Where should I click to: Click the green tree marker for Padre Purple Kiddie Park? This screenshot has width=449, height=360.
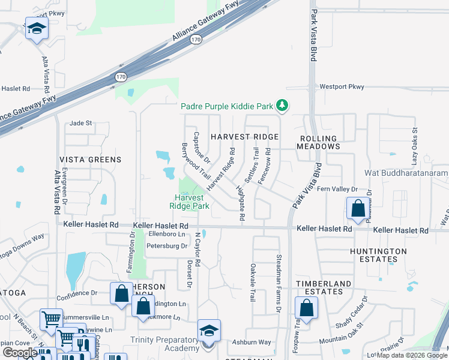[282, 106]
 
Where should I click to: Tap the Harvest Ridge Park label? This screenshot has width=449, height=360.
[191, 201]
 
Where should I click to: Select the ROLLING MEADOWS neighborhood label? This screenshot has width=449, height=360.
[319, 142]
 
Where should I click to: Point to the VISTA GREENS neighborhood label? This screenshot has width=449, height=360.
[91, 160]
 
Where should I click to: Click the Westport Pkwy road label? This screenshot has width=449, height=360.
[342, 87]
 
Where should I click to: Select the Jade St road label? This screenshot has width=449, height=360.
[80, 123]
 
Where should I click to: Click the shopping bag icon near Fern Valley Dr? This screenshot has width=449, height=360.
[358, 209]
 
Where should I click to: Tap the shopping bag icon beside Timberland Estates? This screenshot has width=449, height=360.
[306, 308]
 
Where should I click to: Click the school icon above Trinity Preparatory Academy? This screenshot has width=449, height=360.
[209, 331]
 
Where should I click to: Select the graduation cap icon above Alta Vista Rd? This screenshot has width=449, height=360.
[37, 29]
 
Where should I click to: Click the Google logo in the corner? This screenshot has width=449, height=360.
[19, 353]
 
